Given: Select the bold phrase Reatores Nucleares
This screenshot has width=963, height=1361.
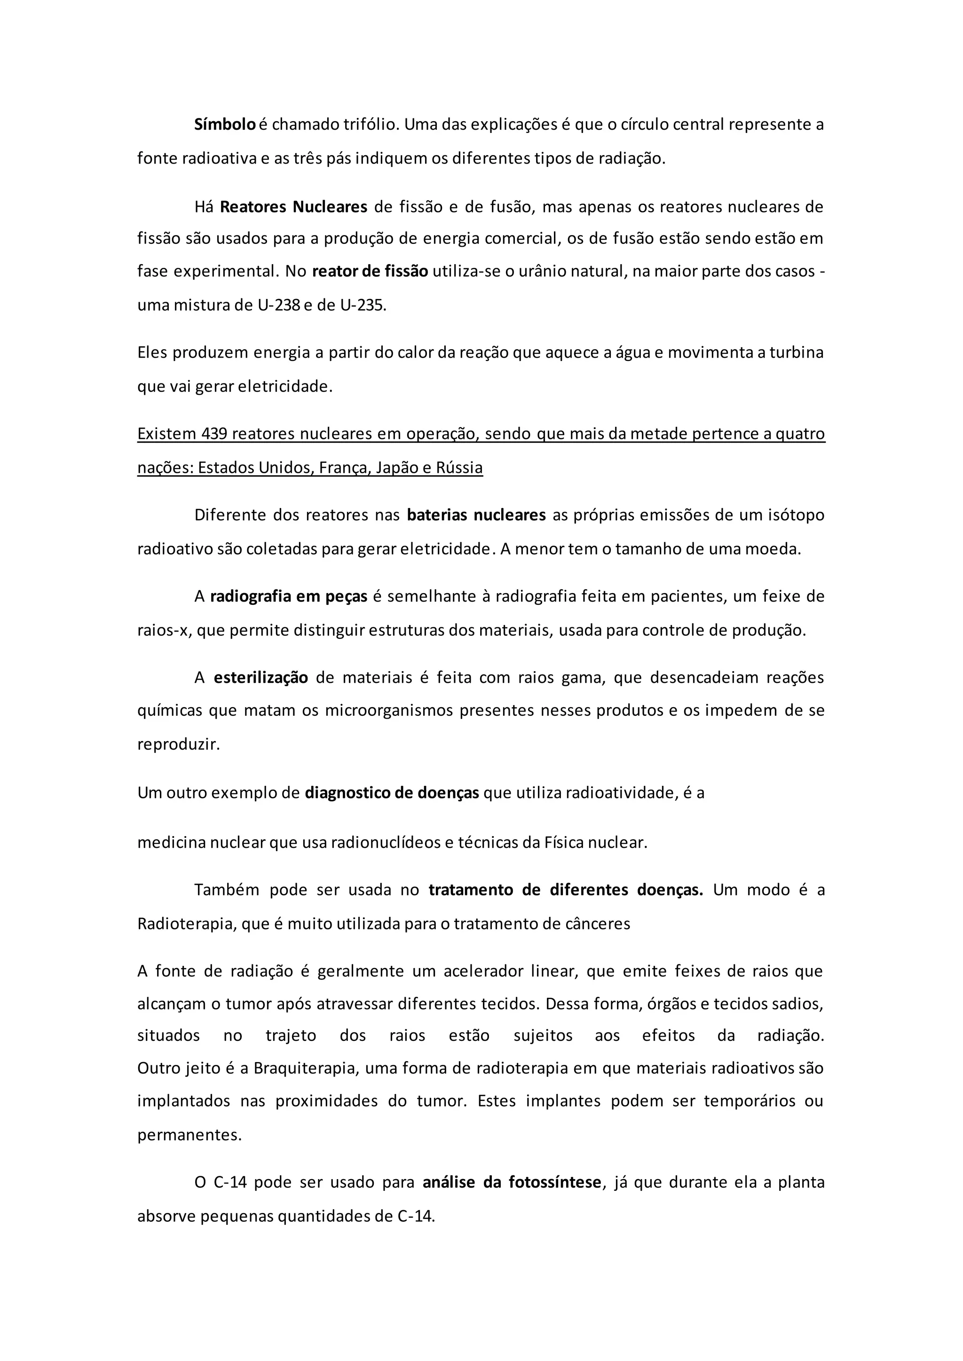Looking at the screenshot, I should click(x=293, y=207).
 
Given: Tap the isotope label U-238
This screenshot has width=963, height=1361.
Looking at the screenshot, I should click(x=279, y=306).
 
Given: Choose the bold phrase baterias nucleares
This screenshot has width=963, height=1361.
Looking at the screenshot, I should click(x=476, y=515).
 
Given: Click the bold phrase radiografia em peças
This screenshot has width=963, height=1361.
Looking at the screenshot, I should click(x=289, y=596).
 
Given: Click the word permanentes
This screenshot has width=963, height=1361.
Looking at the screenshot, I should click(x=189, y=1134).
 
